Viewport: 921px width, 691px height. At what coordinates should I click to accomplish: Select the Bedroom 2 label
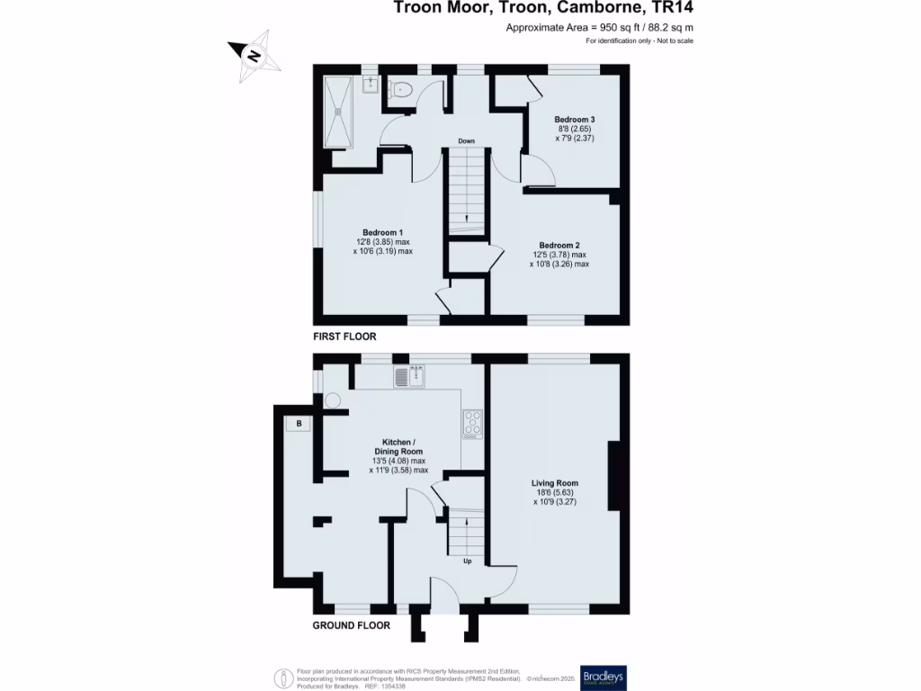(x=559, y=245)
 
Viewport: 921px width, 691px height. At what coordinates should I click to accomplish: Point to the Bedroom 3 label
(x=575, y=120)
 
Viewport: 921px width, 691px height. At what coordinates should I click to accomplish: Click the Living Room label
(x=555, y=483)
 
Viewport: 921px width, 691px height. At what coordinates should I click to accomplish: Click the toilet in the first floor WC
(x=400, y=88)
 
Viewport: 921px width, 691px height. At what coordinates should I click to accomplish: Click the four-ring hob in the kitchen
(x=473, y=423)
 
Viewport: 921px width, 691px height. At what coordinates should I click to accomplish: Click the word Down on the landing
(x=466, y=141)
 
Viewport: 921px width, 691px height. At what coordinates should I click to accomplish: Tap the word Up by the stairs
(x=467, y=561)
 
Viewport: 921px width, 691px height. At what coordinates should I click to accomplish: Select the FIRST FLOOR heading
(x=344, y=337)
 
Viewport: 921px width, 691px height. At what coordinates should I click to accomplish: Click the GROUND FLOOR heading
(x=351, y=625)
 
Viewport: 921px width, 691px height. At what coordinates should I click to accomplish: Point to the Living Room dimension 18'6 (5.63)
(x=555, y=492)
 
